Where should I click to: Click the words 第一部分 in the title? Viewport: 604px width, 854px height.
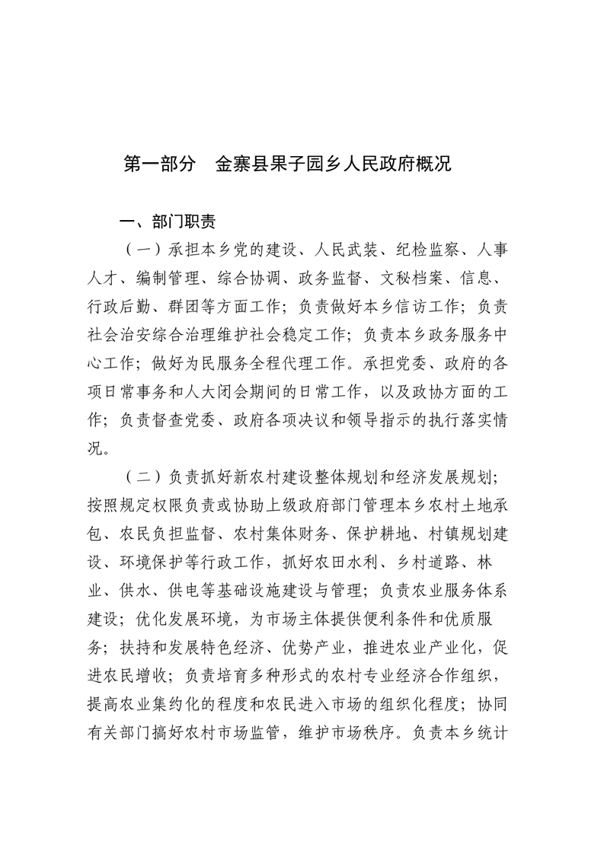tap(159, 164)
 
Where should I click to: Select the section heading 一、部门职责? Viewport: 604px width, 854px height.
tap(168, 221)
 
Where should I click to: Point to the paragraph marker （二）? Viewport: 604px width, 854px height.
tap(142, 478)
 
